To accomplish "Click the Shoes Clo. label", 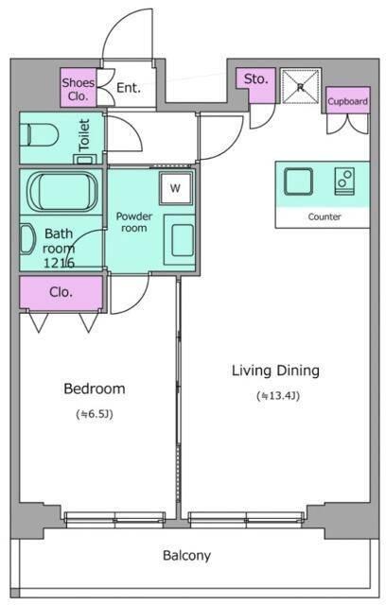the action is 79,89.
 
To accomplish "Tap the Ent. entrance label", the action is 129,88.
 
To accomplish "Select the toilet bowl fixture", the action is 40,134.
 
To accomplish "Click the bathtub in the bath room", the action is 61,192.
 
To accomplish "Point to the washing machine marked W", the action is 176,188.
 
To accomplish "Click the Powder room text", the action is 134,222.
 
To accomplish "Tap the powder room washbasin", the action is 180,239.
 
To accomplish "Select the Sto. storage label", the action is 255,79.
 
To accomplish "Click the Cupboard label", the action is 347,101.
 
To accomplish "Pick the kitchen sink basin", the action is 298,181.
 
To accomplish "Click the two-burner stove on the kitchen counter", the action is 344,181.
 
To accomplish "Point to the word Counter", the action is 325,216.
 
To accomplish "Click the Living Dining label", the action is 275,371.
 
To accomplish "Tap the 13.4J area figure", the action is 278,396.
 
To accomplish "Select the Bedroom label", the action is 95,389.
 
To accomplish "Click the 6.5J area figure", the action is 95,414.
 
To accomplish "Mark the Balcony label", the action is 186,556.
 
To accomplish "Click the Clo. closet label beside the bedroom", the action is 61,292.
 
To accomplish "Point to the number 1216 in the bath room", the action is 59,263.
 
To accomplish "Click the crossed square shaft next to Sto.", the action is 301,87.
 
